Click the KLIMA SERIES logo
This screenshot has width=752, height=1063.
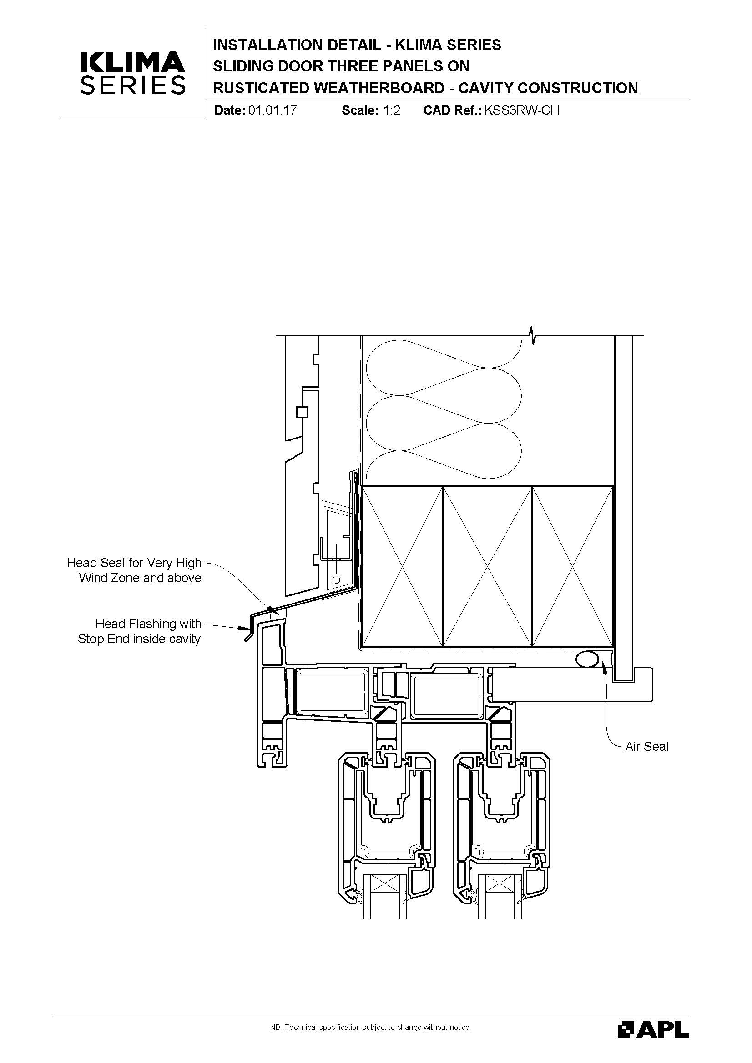[133, 73]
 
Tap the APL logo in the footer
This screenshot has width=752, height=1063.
[653, 1029]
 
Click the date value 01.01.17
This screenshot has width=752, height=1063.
[273, 110]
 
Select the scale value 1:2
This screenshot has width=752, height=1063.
[392, 110]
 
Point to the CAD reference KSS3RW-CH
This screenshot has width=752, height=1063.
[522, 110]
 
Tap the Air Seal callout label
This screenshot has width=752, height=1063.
[647, 746]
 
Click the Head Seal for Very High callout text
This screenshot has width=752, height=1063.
[134, 563]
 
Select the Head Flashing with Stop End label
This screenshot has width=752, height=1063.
[140, 632]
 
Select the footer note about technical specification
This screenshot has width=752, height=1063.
[371, 1028]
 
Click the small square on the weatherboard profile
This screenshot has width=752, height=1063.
[302, 412]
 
